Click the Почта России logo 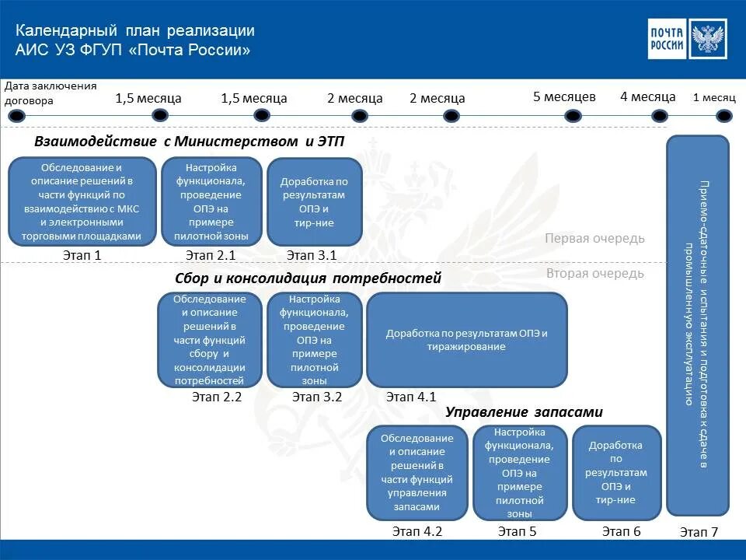click(x=687, y=39)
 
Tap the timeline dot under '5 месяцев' click(x=573, y=116)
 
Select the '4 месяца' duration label click(x=647, y=97)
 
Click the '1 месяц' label click(x=713, y=98)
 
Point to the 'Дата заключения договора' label click(x=51, y=93)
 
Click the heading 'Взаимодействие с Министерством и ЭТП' click(x=189, y=141)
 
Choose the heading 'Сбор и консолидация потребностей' click(x=308, y=278)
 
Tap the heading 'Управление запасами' click(x=524, y=412)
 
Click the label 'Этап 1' click(x=82, y=255)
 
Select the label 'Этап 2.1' click(x=211, y=255)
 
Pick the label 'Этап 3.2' click(x=317, y=397)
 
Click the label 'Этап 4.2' click(x=417, y=532)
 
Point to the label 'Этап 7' click(x=699, y=532)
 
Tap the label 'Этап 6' click(x=621, y=532)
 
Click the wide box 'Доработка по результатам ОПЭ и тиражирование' click(x=466, y=340)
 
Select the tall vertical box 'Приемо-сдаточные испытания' click(x=698, y=325)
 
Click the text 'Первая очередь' click(x=594, y=239)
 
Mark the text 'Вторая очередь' click(x=594, y=274)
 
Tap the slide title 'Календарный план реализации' click(x=136, y=31)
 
